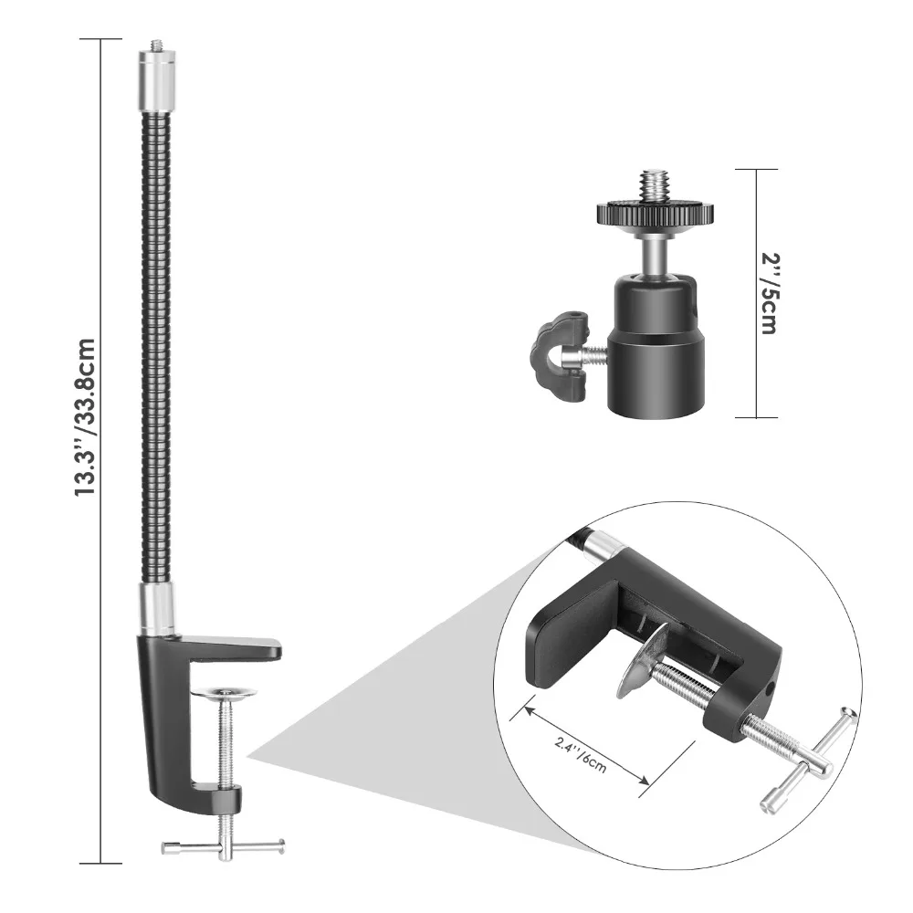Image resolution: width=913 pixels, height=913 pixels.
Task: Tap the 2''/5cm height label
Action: (769, 293)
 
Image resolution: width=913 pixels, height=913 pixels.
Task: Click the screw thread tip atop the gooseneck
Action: (157, 45)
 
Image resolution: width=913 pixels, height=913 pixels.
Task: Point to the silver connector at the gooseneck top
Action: (157, 81)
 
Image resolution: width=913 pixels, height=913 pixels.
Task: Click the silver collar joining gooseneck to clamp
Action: (157, 610)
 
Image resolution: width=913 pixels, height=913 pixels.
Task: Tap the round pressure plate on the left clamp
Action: (224, 692)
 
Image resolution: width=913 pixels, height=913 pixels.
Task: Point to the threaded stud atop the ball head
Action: (655, 185)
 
